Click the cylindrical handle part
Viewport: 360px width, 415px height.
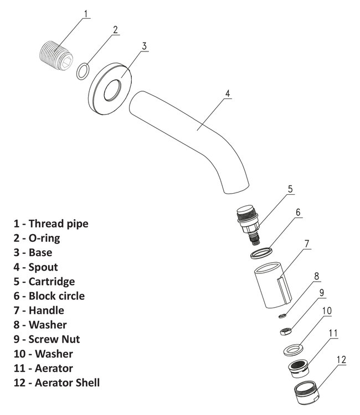pyautogui.click(x=271, y=287)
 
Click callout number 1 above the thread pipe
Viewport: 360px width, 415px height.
pyautogui.click(x=85, y=13)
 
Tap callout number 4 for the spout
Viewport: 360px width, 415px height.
pyautogui.click(x=228, y=94)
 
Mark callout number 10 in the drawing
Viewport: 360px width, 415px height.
pyautogui.click(x=326, y=311)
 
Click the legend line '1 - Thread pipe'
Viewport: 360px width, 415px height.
pyautogui.click(x=51, y=224)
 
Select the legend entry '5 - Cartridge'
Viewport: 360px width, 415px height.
pyautogui.click(x=44, y=281)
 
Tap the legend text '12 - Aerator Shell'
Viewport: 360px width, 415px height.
pyautogui.click(x=57, y=382)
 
